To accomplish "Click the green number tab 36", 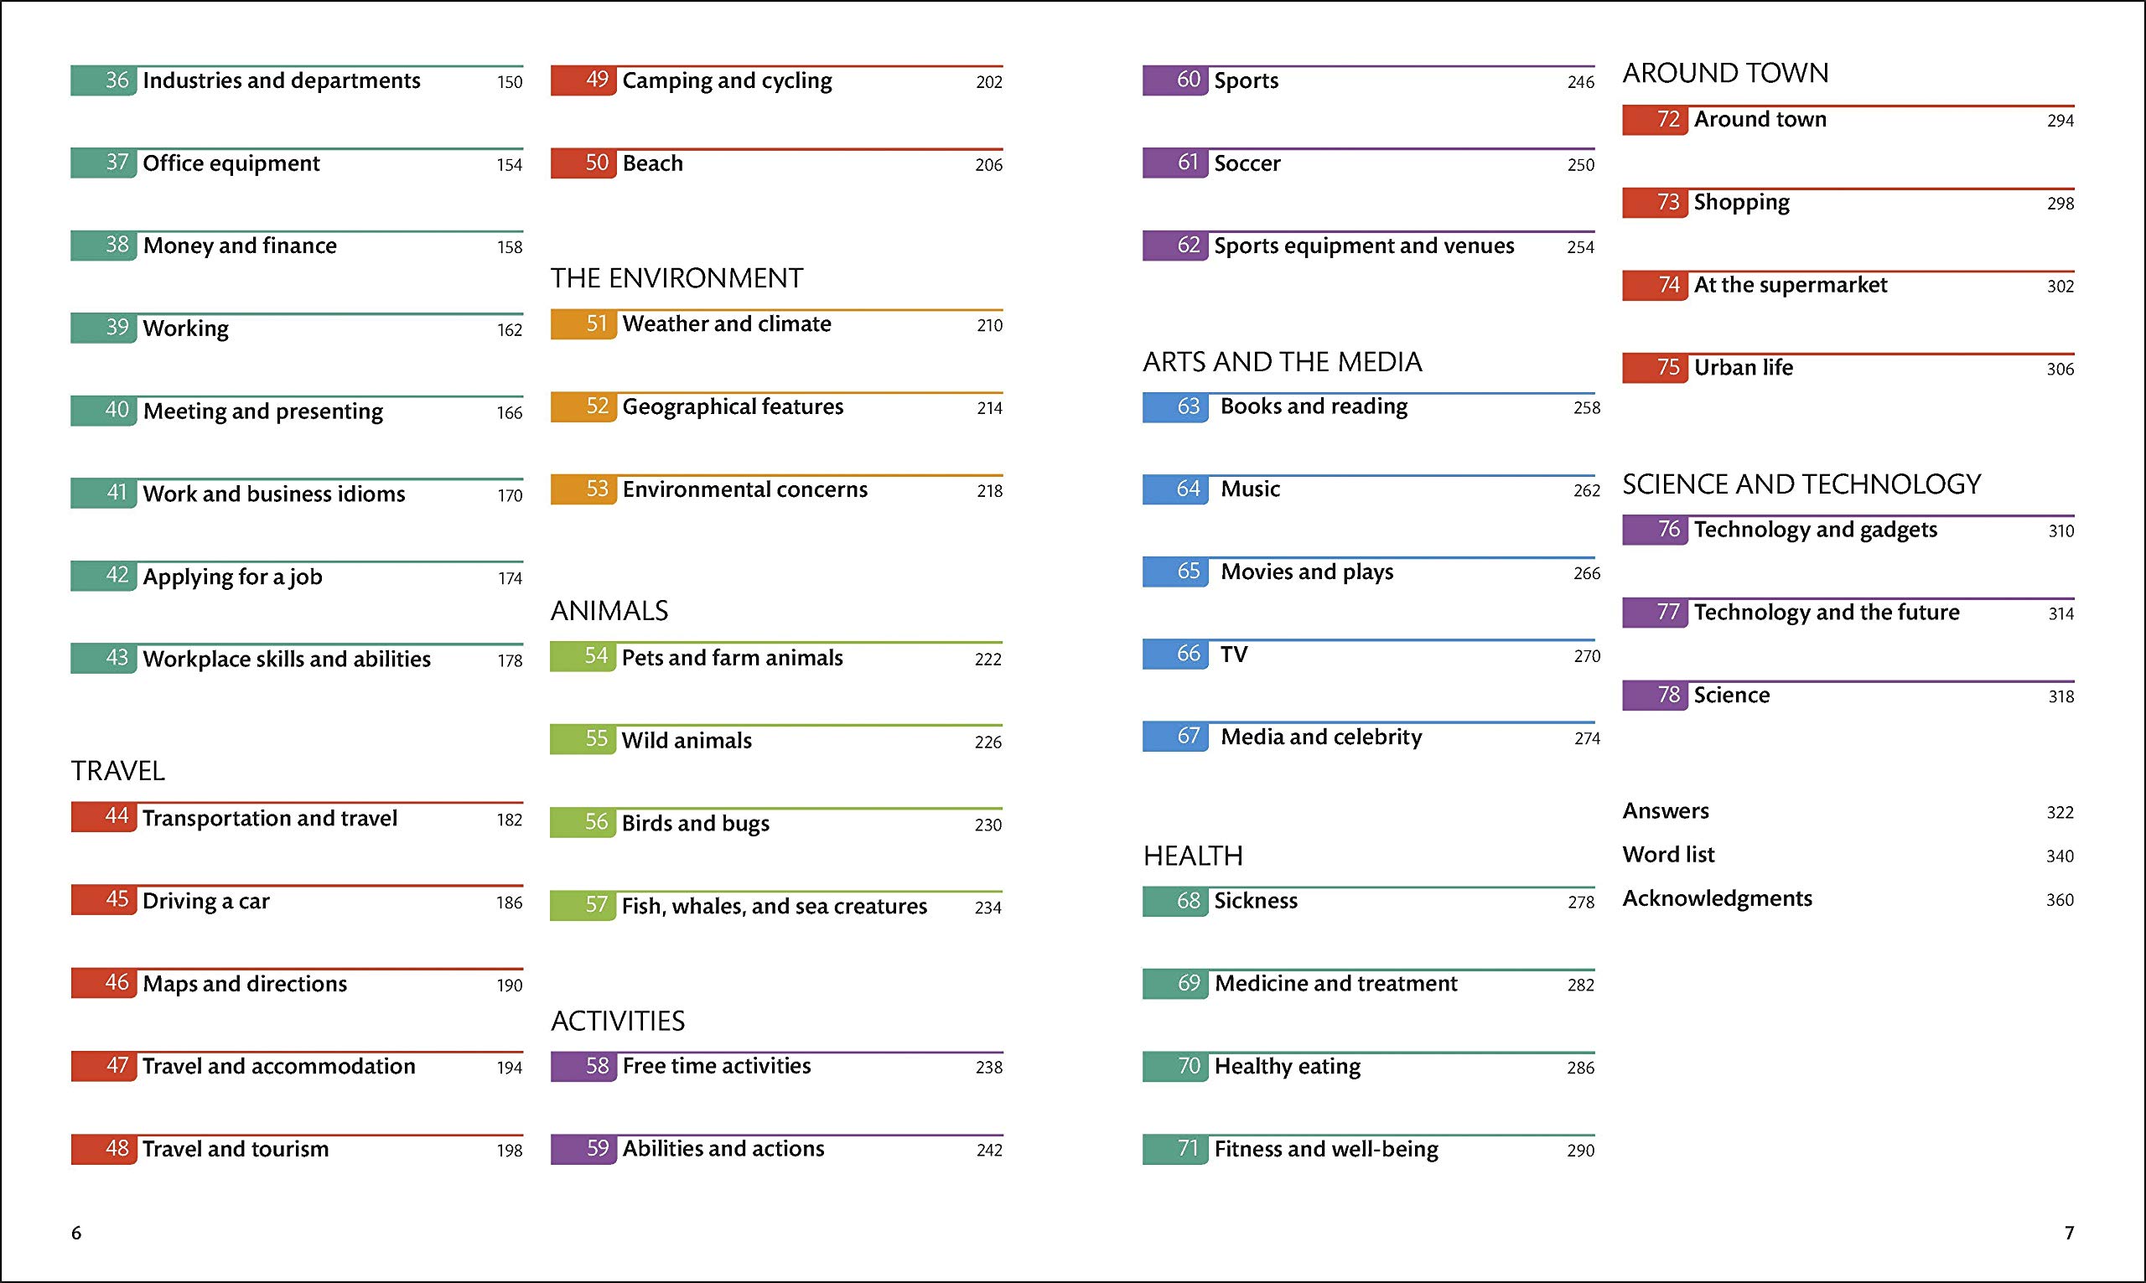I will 104,81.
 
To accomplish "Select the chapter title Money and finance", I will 240,246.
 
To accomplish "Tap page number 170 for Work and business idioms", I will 510,495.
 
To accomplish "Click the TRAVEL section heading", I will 117,770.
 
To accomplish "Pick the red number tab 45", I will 104,900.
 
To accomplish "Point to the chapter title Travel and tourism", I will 236,1149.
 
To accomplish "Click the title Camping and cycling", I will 727,81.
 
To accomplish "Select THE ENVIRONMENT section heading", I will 677,278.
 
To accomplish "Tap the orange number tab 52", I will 583,407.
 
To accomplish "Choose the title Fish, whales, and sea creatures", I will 774,906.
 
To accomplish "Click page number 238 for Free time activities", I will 989,1068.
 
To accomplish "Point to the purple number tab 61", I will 1175,163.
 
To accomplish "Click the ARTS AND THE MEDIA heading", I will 1283,362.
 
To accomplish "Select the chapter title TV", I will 1234,654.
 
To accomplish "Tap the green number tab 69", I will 1175,984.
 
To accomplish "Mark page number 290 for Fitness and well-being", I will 1580,1151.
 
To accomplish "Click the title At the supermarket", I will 1790,285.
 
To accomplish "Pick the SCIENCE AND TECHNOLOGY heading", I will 1801,484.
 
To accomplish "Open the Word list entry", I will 1668,855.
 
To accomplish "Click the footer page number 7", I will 2069,1233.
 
